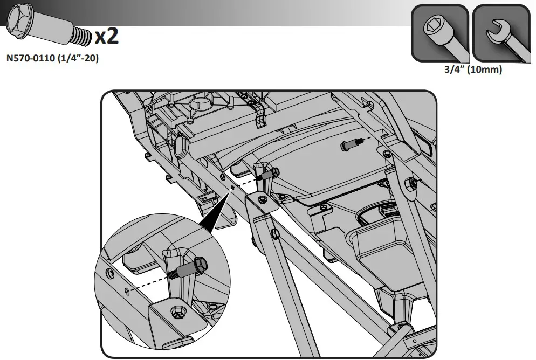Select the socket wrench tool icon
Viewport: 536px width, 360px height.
coord(439,33)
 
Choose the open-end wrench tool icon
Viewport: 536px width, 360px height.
coord(501,33)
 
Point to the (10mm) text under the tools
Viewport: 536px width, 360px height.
coord(484,70)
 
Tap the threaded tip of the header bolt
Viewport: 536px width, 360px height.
coord(81,36)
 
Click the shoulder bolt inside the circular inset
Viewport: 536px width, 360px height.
coord(191,268)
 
